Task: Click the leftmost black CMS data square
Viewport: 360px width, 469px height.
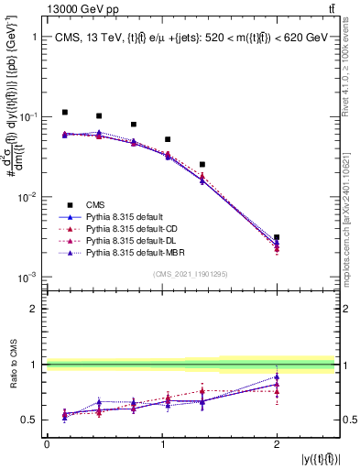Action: (65, 112)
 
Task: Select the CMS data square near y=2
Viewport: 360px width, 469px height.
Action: (277, 237)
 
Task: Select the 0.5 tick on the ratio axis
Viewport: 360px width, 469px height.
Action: (31, 420)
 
